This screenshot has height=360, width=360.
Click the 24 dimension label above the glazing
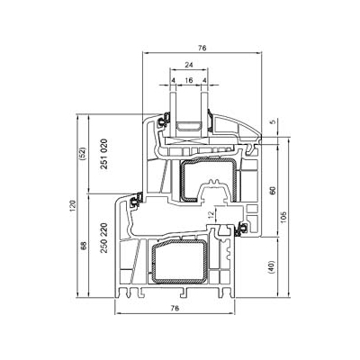click(x=189, y=65)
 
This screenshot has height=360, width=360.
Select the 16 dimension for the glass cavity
click(x=189, y=80)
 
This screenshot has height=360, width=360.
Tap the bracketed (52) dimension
click(x=83, y=153)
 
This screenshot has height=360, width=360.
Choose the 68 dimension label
click(x=84, y=246)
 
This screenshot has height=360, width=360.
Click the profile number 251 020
click(x=103, y=154)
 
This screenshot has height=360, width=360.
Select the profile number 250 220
click(x=103, y=238)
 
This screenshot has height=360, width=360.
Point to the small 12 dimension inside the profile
click(x=211, y=214)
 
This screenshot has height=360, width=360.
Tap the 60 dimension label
click(x=273, y=191)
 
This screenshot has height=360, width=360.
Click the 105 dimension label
click(x=283, y=218)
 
